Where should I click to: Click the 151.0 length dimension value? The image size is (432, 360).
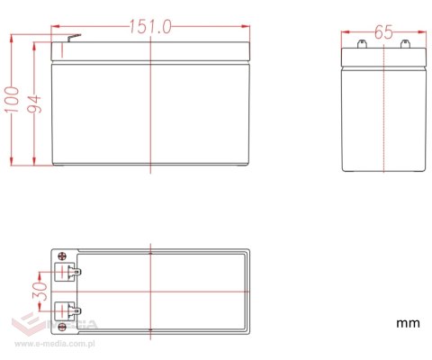pos(150,26)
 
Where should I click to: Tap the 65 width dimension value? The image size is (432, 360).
pos(383,31)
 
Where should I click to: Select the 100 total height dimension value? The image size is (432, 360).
pos(12,100)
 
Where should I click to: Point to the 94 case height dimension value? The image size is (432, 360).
pos(34,103)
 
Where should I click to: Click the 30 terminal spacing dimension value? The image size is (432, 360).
pos(40,291)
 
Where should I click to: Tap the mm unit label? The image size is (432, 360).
pos(408,323)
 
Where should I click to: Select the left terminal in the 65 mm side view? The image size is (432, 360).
pos(362,44)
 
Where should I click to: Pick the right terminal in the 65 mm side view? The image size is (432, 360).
pos(405,44)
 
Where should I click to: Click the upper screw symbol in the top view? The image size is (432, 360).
pos(62,256)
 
